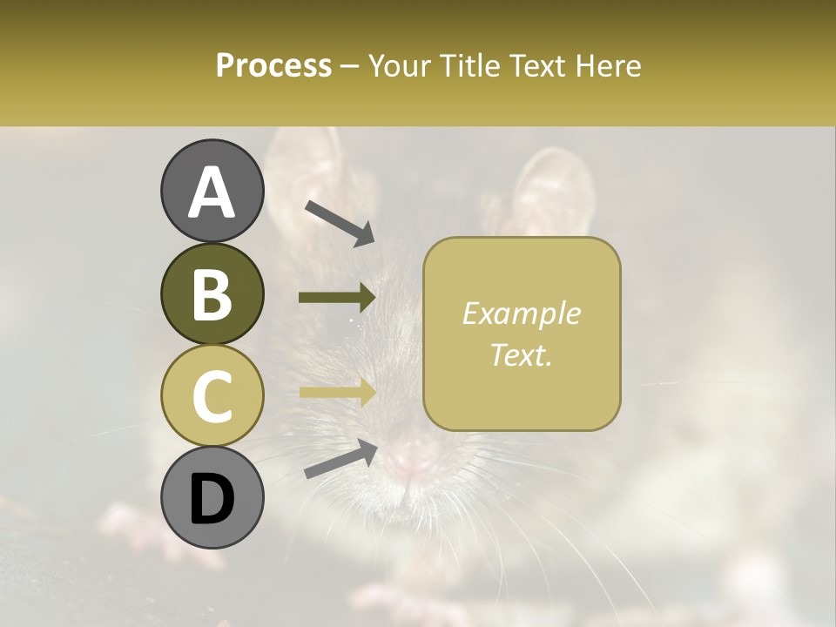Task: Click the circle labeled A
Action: pyautogui.click(x=212, y=192)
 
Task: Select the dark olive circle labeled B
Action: pyautogui.click(x=212, y=294)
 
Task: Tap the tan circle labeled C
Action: pyautogui.click(x=212, y=395)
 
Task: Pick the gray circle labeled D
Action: pyautogui.click(x=212, y=497)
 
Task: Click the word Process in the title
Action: pyautogui.click(x=273, y=65)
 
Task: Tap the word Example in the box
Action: pyautogui.click(x=521, y=313)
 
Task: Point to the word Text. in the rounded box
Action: pyautogui.click(x=521, y=354)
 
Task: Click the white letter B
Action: pyautogui.click(x=212, y=294)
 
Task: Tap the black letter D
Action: pyautogui.click(x=212, y=499)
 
